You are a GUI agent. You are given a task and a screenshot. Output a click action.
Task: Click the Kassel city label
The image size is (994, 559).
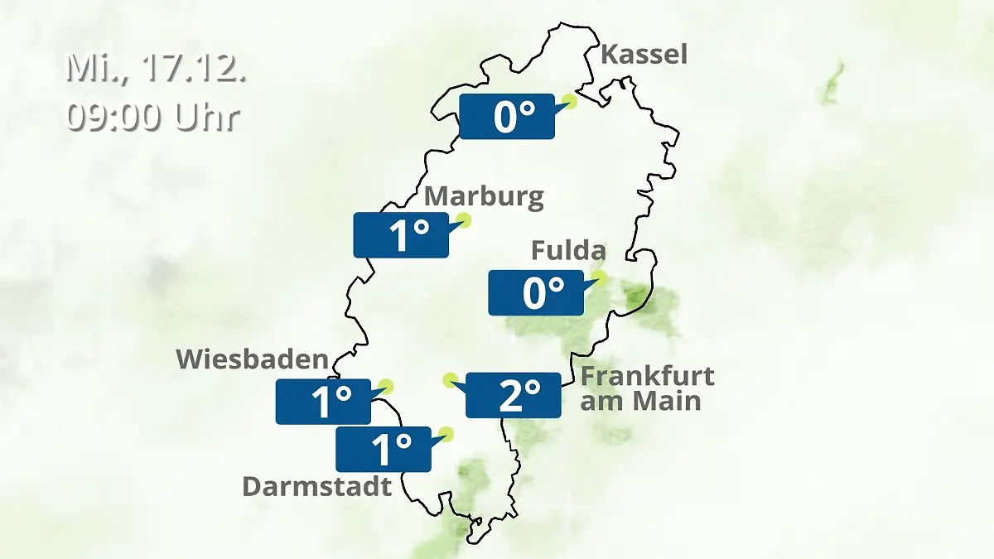pyautogui.click(x=644, y=55)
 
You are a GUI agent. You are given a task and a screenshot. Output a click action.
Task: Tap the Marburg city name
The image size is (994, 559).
pyautogui.click(x=484, y=197)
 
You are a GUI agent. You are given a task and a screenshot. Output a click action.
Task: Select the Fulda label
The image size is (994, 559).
pyautogui.click(x=568, y=250)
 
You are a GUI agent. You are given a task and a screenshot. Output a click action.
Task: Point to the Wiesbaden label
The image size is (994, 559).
pyautogui.click(x=253, y=359)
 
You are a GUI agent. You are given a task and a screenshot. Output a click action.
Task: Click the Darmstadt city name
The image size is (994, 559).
pyautogui.click(x=316, y=486)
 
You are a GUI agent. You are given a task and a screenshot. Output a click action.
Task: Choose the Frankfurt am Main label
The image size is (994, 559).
pyautogui.click(x=646, y=388)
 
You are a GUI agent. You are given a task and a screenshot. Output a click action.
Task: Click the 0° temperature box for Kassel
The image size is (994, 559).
pyautogui.click(x=506, y=116)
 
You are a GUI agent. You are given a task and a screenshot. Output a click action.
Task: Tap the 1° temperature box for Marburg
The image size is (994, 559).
pyautogui.click(x=401, y=234)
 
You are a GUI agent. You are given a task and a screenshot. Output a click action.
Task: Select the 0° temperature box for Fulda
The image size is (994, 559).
pyautogui.click(x=535, y=292)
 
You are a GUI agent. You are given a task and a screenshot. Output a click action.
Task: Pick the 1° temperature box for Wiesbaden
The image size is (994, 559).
pyautogui.click(x=323, y=402)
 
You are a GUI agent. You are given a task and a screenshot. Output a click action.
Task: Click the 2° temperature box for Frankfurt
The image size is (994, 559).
pyautogui.click(x=513, y=395)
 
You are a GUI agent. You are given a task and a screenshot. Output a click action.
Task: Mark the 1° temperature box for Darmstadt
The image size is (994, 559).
pyautogui.click(x=383, y=449)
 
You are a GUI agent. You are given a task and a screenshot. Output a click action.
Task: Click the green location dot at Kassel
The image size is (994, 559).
pyautogui.click(x=569, y=101)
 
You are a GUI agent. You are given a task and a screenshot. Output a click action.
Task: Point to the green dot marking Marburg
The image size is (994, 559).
pyautogui.click(x=463, y=220)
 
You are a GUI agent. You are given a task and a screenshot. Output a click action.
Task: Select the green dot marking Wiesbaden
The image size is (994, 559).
pyautogui.click(x=385, y=386)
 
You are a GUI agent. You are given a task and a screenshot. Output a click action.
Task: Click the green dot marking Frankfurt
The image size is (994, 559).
pyautogui.click(x=450, y=380)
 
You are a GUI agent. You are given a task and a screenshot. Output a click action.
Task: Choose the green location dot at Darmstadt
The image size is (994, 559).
pyautogui.click(x=447, y=433)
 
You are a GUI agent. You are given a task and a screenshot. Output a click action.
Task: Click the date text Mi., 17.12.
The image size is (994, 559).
pyautogui.click(x=156, y=68)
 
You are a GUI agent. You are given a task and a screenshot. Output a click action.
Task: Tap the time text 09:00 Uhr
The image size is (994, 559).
pyautogui.click(x=152, y=117)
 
